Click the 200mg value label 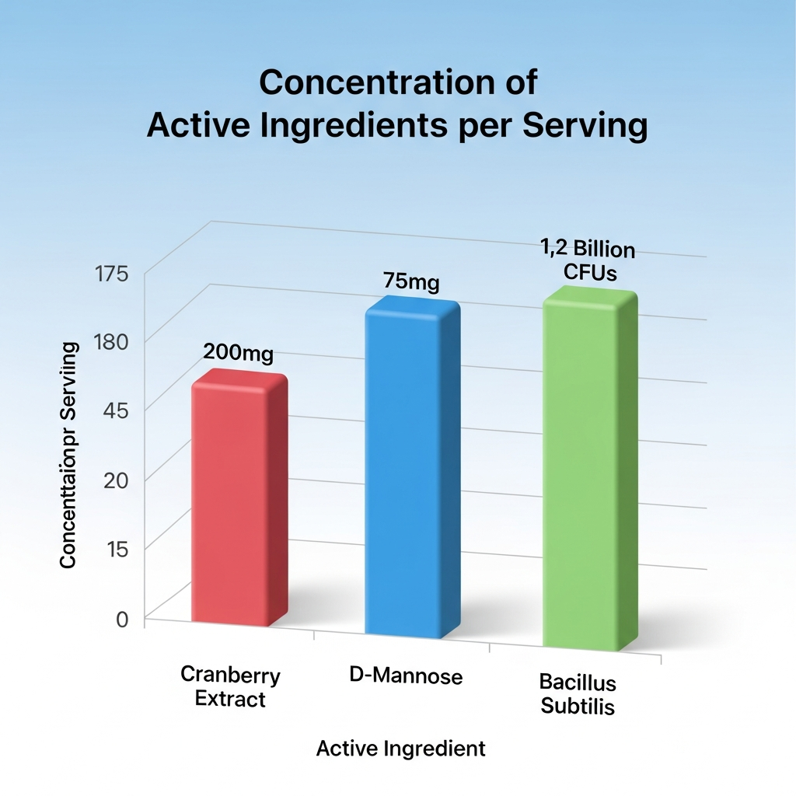[238, 353]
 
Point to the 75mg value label [411, 281]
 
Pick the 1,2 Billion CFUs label [588, 262]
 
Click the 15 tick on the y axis [115, 549]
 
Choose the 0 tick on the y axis [121, 619]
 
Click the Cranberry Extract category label [230, 686]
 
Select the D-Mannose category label [407, 676]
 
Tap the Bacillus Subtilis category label [578, 695]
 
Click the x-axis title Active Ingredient [401, 749]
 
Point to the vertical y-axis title [68, 455]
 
